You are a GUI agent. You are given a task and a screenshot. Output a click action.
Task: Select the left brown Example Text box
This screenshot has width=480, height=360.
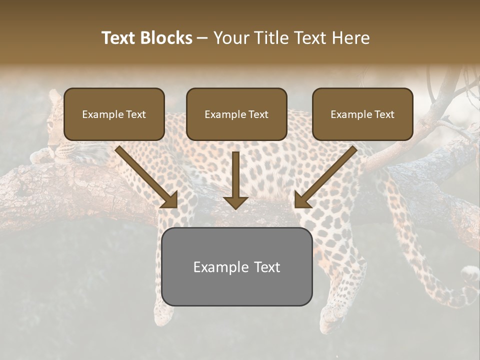[114, 114]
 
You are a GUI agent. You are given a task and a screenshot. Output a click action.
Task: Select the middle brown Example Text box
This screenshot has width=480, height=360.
[236, 114]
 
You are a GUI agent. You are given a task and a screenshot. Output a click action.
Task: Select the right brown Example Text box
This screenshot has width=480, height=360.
[362, 114]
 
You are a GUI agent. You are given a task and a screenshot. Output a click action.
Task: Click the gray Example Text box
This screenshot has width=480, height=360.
[237, 266]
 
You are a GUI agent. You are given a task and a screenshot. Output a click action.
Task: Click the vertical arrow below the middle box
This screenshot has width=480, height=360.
[236, 180]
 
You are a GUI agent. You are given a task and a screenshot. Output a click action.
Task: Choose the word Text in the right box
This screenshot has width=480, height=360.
[384, 114]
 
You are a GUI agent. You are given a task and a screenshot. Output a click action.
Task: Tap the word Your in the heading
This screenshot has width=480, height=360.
[231, 38]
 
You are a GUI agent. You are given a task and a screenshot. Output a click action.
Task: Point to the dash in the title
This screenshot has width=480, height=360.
[202, 38]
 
